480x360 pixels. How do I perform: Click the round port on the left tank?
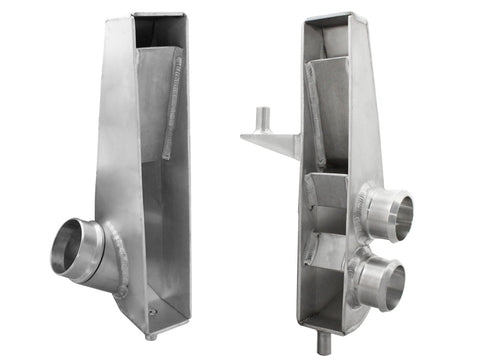pos(78,250)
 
